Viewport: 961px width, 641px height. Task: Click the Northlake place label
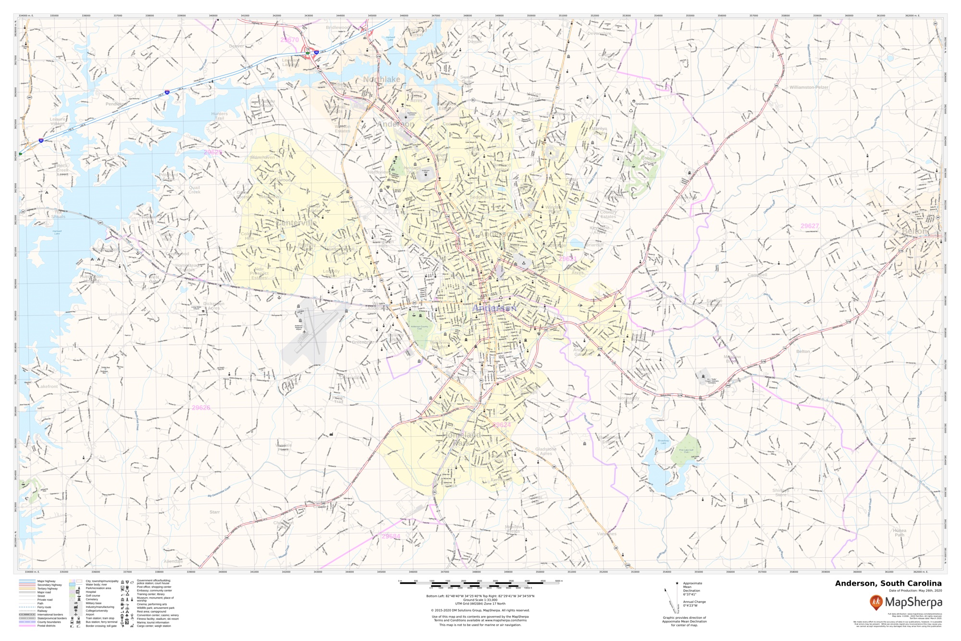point(382,79)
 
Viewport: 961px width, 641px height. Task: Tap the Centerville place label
point(296,223)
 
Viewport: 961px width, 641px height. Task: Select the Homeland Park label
point(461,438)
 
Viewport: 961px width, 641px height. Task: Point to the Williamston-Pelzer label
point(809,88)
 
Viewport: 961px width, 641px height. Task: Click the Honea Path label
point(899,532)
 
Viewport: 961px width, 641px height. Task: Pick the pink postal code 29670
point(290,40)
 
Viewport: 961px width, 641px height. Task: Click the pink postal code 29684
point(391,536)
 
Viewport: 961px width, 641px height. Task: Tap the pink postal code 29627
point(810,226)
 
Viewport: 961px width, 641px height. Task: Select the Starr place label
point(214,512)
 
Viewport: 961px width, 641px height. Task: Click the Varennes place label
point(606,534)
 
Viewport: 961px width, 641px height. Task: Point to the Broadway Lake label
point(663,441)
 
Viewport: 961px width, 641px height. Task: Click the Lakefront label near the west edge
point(48,387)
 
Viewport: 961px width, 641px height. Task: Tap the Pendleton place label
point(116,104)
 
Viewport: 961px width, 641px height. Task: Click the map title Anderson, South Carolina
point(888,583)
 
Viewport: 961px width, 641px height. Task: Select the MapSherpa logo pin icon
point(876,602)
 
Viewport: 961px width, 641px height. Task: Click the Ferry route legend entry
point(44,607)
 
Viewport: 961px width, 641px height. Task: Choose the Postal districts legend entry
point(47,626)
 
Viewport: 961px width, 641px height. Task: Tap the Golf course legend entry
point(93,595)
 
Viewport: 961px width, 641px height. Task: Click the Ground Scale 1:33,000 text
point(480,600)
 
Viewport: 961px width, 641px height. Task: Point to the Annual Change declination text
point(694,602)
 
